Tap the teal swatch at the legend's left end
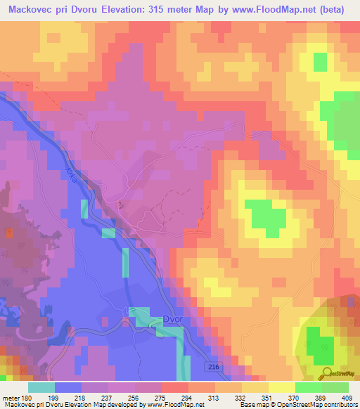pos(41,387)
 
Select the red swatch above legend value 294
pos(174,387)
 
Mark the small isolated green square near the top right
pos(320,61)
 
